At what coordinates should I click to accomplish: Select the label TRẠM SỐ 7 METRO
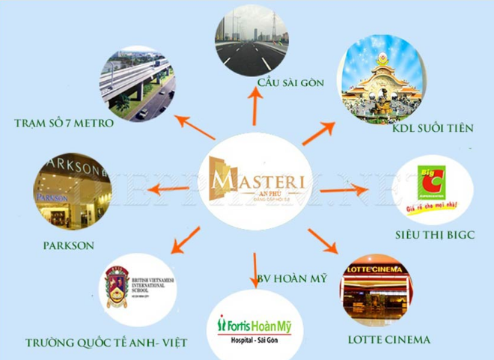[64, 123]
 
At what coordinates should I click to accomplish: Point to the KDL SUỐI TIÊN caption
[423, 128]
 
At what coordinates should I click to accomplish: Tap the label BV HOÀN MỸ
[292, 279]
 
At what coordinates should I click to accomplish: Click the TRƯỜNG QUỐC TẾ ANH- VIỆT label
[105, 343]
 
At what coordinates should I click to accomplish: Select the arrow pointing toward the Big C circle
[344, 192]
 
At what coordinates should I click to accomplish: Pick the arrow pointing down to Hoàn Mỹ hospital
[255, 268]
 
